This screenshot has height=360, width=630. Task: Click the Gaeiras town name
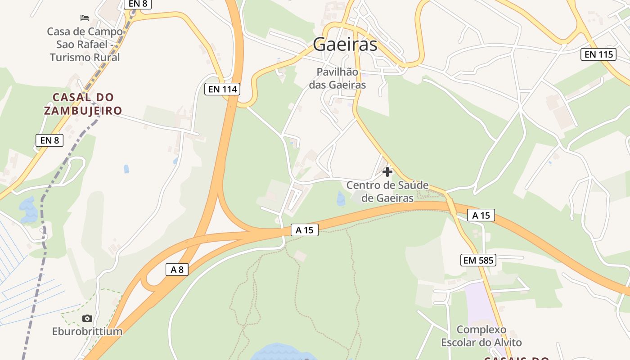[345, 44]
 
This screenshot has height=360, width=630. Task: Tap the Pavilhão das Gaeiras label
[337, 78]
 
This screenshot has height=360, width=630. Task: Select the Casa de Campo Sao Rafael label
[85, 44]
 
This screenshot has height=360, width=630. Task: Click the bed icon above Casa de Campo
[85, 18]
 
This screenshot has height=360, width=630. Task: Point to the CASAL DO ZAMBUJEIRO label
[83, 104]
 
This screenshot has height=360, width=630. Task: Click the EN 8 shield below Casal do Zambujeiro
[49, 140]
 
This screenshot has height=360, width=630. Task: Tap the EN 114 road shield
[222, 89]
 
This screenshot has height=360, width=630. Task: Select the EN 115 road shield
[598, 55]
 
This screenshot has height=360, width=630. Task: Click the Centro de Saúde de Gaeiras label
[387, 192]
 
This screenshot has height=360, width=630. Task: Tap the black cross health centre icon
[387, 172]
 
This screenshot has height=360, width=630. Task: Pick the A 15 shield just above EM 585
[481, 216]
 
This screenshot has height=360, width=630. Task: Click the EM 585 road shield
[478, 260]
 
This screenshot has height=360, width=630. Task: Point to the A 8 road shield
[177, 270]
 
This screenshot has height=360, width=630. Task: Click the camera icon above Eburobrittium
[87, 319]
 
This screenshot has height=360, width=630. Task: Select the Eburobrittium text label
[87, 332]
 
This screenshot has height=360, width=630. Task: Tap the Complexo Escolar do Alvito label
[481, 336]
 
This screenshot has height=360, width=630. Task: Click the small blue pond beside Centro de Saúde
[341, 198]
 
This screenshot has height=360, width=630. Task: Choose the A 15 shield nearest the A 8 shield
[304, 230]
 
